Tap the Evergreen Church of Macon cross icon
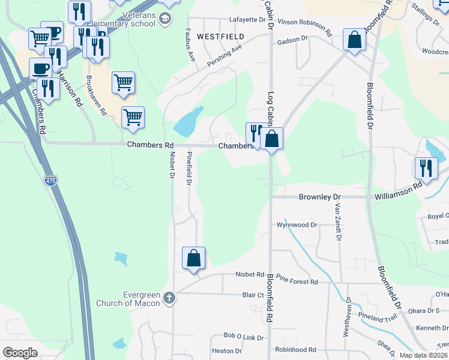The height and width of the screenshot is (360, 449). point(170,298)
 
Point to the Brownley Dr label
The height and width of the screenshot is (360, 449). point(319,197)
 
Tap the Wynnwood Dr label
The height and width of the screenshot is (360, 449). point(296,225)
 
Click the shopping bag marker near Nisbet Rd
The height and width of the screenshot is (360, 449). point(194,259)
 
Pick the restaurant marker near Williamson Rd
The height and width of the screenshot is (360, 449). point(426,168)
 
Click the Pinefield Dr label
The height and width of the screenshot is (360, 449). point(189,168)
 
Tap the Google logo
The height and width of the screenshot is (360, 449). point(20,352)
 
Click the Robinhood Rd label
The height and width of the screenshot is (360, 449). point(295,349)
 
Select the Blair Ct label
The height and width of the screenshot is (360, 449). point(253,295)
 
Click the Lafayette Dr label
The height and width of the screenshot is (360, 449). point(247,19)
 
